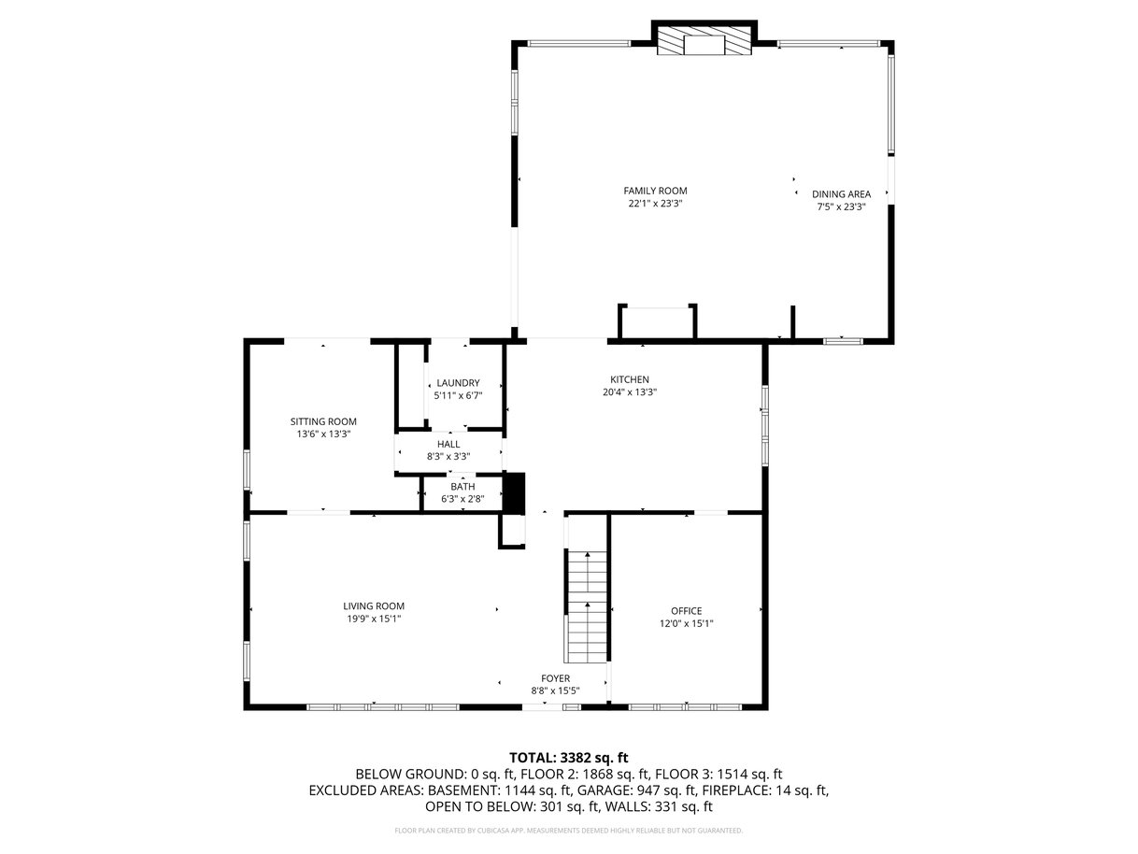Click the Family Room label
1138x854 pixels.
click(x=655, y=191)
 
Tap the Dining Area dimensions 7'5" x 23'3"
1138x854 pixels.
click(x=842, y=206)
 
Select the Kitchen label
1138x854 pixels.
click(x=630, y=379)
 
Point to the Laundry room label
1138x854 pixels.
click(x=458, y=383)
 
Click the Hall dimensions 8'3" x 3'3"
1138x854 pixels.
click(x=448, y=457)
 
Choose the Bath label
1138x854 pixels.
click(x=462, y=487)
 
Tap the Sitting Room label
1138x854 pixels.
click(x=323, y=422)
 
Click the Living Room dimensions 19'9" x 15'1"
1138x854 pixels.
click(x=374, y=619)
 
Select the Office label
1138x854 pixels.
click(x=687, y=611)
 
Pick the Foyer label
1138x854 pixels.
click(x=555, y=678)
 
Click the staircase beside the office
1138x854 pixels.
click(x=587, y=606)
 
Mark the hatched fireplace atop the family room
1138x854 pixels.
click(x=704, y=39)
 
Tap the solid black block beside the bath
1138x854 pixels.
click(x=515, y=493)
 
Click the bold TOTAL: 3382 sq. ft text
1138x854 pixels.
click(x=569, y=758)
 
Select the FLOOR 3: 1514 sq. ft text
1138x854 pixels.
click(x=718, y=775)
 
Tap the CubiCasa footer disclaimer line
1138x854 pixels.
click(x=569, y=831)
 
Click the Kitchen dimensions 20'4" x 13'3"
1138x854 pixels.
click(x=630, y=392)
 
